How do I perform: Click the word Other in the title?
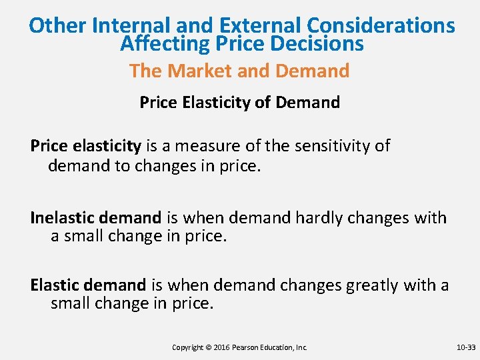click(x=58, y=25)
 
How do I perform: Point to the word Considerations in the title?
click(x=381, y=25)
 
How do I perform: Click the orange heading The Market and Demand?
click(x=239, y=71)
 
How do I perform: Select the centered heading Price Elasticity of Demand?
click(x=239, y=102)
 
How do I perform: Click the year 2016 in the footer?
click(x=222, y=347)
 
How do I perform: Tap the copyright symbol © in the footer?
click(x=209, y=347)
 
